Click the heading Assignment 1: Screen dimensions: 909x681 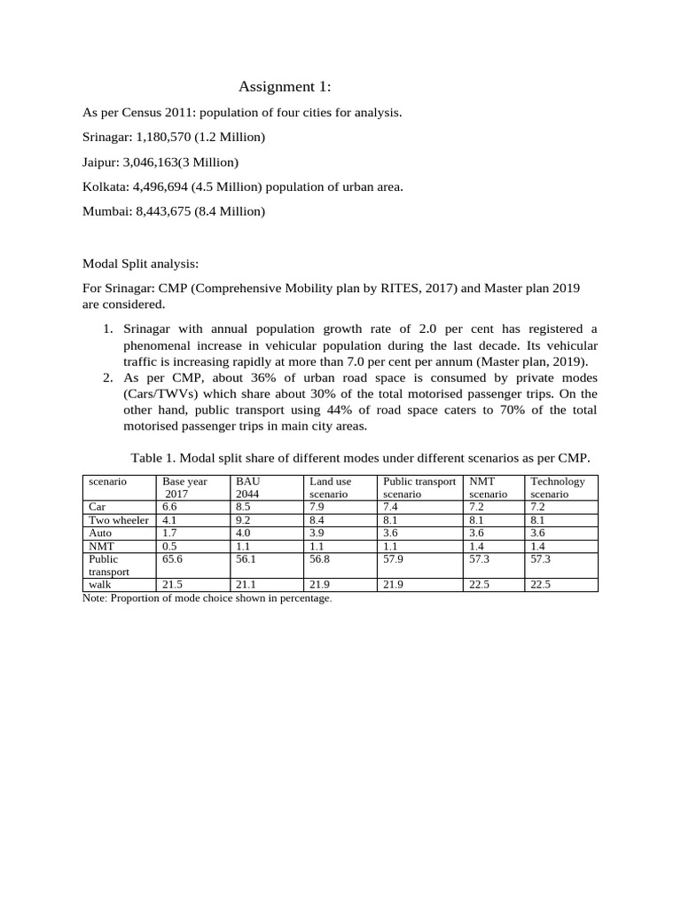285,87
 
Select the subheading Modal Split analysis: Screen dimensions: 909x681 141,264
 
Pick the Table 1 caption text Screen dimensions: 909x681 359,457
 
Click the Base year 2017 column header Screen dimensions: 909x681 184,487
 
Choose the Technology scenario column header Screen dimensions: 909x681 558,487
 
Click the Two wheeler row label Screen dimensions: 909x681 119,520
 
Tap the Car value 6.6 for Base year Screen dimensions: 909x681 170,507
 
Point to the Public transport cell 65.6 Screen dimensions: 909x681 173,560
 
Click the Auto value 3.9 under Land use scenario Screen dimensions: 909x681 317,534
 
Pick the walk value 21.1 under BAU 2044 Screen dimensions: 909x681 246,585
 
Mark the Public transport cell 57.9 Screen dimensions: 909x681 393,560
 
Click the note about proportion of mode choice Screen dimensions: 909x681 207,598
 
